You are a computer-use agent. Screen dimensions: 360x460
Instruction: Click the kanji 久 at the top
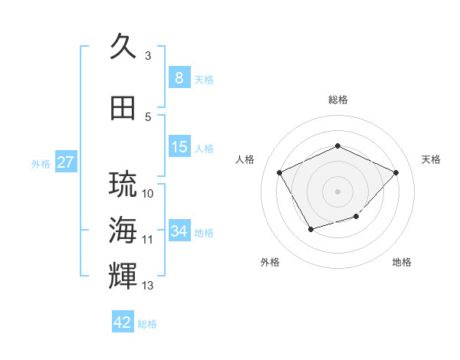(x=123, y=47)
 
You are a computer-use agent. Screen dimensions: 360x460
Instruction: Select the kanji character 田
(x=123, y=108)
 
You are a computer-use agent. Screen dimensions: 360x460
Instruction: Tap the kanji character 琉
(x=123, y=185)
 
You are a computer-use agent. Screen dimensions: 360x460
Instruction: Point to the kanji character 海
(x=123, y=231)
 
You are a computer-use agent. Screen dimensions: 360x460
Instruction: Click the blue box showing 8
(x=179, y=77)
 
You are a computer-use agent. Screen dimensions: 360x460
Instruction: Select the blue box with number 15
(x=179, y=147)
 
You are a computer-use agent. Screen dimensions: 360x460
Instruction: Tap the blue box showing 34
(x=179, y=231)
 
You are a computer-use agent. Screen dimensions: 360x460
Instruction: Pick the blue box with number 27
(x=65, y=162)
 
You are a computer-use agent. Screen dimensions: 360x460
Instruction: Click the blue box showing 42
(x=123, y=322)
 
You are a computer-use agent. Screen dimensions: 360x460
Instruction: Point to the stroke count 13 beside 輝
(x=148, y=286)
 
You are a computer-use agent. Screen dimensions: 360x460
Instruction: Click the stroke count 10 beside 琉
(x=148, y=193)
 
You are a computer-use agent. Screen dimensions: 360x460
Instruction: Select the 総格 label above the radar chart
(x=338, y=100)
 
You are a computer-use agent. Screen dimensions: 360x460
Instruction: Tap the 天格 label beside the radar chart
(x=431, y=159)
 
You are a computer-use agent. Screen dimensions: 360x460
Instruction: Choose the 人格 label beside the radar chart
(x=245, y=159)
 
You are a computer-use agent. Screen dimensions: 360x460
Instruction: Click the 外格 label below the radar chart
(x=270, y=262)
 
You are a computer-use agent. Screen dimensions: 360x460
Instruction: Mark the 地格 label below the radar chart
(x=402, y=262)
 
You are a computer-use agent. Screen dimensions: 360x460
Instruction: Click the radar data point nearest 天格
(x=396, y=172)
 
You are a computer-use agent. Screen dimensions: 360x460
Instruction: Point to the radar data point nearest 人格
(x=280, y=172)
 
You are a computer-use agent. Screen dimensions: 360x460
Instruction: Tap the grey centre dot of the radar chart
(x=337, y=190)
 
